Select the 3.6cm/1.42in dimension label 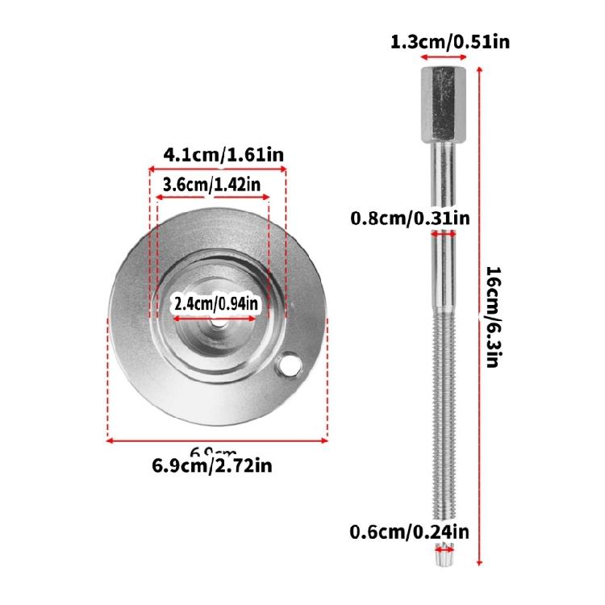point(211,185)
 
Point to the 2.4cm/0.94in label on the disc point(216,304)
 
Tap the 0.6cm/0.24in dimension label point(409,532)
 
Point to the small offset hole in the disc point(286,368)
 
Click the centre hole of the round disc point(218,322)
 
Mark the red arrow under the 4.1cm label point(217,169)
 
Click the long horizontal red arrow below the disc point(218,440)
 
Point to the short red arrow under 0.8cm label point(444,232)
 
